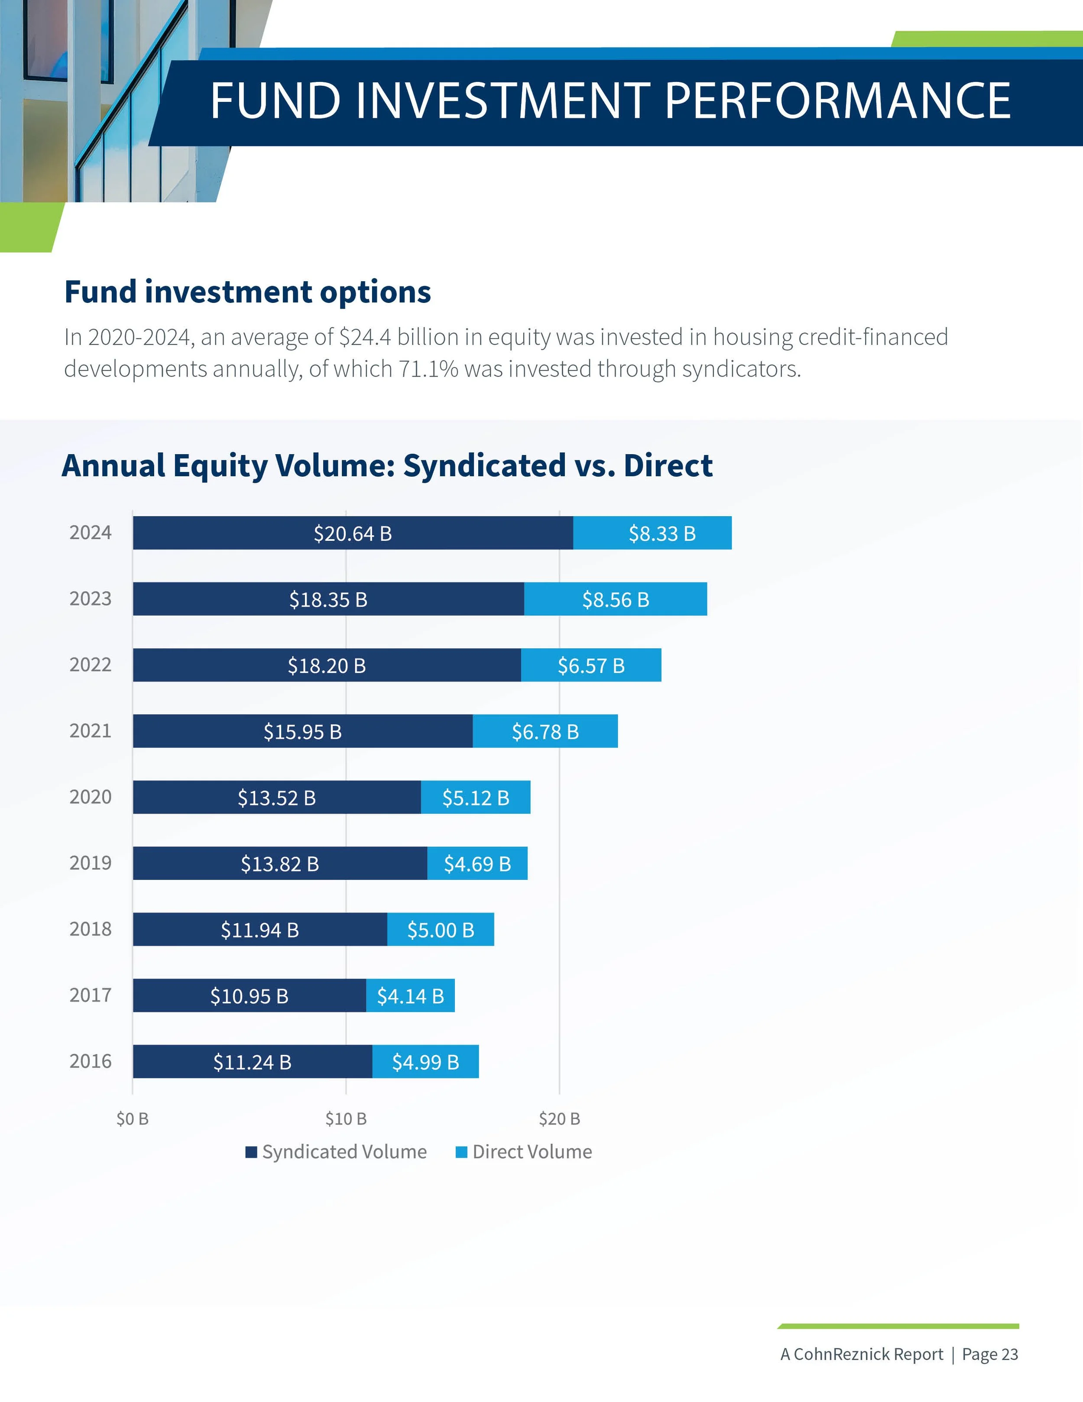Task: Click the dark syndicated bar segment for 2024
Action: [352, 533]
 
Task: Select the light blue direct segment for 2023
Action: [615, 599]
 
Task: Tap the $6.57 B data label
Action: [591, 666]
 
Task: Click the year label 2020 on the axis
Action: [91, 797]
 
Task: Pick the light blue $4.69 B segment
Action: [477, 863]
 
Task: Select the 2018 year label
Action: [91, 929]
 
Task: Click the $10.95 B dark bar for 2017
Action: [249, 995]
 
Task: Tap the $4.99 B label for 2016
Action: [425, 1062]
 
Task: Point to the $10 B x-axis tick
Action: [346, 1119]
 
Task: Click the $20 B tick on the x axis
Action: [559, 1119]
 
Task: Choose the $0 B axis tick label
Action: [132, 1119]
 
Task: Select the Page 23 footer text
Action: [989, 1354]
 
